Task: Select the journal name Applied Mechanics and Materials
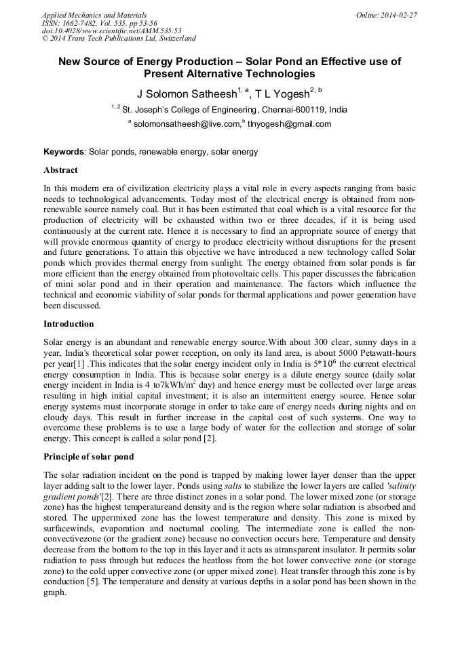tap(94, 14)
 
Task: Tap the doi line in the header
tap(111, 31)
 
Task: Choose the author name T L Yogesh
tap(280, 94)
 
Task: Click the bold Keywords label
tap(64, 153)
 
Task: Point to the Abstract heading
tap(60, 170)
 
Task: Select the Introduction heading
tap(69, 324)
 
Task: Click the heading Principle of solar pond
tap(88, 457)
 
